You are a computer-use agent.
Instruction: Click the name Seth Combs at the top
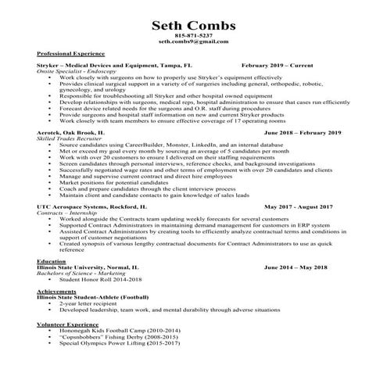click(x=194, y=26)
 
